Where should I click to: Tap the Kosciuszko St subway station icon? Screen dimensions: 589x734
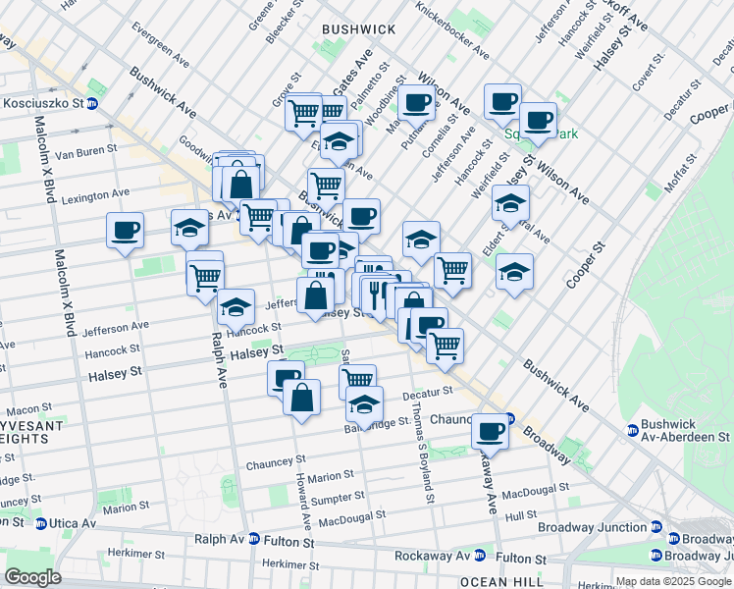point(93,103)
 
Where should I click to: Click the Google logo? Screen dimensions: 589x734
point(33,576)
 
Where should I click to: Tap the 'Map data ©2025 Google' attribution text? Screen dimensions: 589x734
point(673,581)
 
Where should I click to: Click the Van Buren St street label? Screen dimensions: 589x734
point(85,153)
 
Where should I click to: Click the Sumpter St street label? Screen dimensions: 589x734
point(334,499)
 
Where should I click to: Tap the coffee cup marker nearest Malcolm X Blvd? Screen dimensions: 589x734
point(126,231)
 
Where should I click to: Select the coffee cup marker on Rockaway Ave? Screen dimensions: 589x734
point(490,430)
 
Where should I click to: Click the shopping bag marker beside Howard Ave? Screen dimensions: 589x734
point(301,398)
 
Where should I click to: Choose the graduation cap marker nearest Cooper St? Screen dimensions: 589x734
point(514,271)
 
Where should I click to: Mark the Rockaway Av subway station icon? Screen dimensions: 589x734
point(480,556)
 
